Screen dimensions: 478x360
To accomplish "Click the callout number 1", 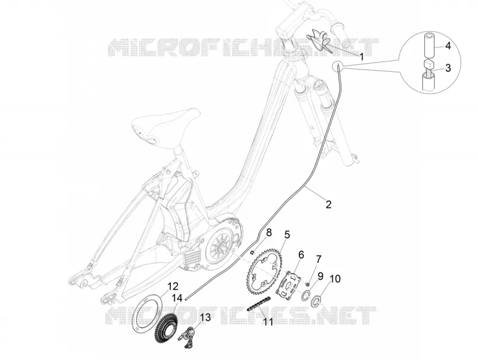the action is coord(361,56).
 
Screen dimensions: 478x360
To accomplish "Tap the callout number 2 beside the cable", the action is coord(328,204).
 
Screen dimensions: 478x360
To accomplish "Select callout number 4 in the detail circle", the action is coord(448,46).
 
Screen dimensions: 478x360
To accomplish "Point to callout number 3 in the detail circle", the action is coord(448,68).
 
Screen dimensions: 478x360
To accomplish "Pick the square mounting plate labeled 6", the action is coord(289,282).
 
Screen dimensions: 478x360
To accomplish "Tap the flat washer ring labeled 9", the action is coord(306,296).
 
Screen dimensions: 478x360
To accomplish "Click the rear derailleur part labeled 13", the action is coord(191,335).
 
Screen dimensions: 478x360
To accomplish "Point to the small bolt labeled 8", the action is coord(252,252).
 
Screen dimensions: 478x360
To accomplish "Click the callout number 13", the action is coord(206,318).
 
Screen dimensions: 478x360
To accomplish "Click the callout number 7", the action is coord(318,260).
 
